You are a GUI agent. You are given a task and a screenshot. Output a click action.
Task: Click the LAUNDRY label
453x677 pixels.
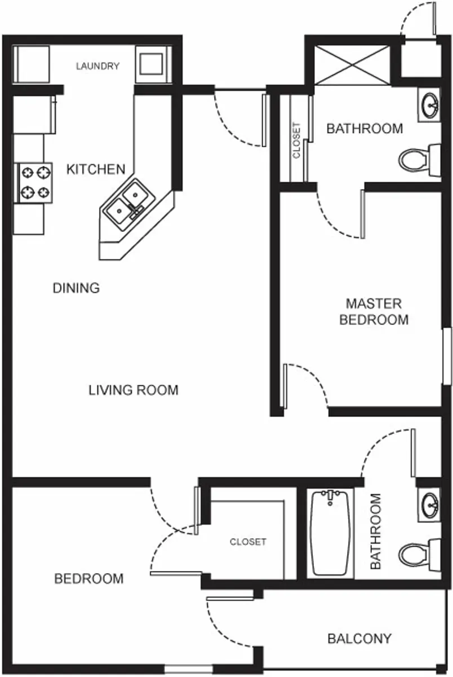pos(97,66)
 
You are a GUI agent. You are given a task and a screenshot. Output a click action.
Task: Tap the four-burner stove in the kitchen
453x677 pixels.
pos(35,182)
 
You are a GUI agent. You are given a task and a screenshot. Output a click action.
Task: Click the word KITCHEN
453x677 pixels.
pos(96,169)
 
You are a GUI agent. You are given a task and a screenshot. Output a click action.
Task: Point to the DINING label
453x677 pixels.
pos(76,288)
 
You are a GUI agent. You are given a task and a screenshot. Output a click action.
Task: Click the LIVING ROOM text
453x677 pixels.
pos(134,390)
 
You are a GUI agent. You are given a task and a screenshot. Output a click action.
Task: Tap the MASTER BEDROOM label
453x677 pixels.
pos(374,311)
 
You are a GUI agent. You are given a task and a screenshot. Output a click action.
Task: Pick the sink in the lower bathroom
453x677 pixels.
pos(430,501)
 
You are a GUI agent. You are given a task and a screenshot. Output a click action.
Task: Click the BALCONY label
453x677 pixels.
pos(359,639)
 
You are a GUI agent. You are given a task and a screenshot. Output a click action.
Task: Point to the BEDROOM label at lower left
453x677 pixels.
pos(89,579)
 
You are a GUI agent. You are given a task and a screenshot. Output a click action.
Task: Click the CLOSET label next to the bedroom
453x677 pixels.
pos(248,542)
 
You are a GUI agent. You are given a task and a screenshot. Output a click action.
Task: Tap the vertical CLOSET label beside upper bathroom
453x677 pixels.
pos(296,140)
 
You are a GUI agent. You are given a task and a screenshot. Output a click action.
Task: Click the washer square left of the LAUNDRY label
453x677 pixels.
pos(32,64)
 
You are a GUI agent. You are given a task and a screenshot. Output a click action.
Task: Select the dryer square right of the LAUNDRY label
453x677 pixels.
pos(152,64)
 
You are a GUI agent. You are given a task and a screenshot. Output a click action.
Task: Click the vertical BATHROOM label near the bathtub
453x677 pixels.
pos(375,531)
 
